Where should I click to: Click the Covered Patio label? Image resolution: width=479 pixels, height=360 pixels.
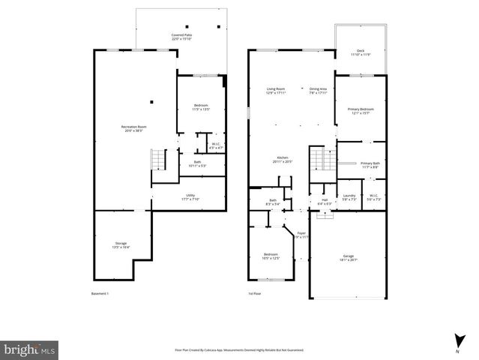(181, 36)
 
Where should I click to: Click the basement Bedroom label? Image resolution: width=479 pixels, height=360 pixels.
(200, 106)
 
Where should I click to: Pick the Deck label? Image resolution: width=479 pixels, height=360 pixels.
(361, 52)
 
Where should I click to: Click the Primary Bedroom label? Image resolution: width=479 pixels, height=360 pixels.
(361, 111)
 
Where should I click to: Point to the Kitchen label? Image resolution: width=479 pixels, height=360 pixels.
(281, 159)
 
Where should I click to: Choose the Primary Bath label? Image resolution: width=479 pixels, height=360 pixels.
(370, 165)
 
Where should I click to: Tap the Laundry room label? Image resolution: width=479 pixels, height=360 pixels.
(349, 198)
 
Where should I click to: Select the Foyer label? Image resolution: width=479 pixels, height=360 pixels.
(302, 235)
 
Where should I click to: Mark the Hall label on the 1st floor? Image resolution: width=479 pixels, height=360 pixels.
(325, 201)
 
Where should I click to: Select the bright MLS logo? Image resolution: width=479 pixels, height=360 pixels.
(29, 349)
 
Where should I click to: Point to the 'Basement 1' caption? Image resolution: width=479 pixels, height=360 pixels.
(100, 293)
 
